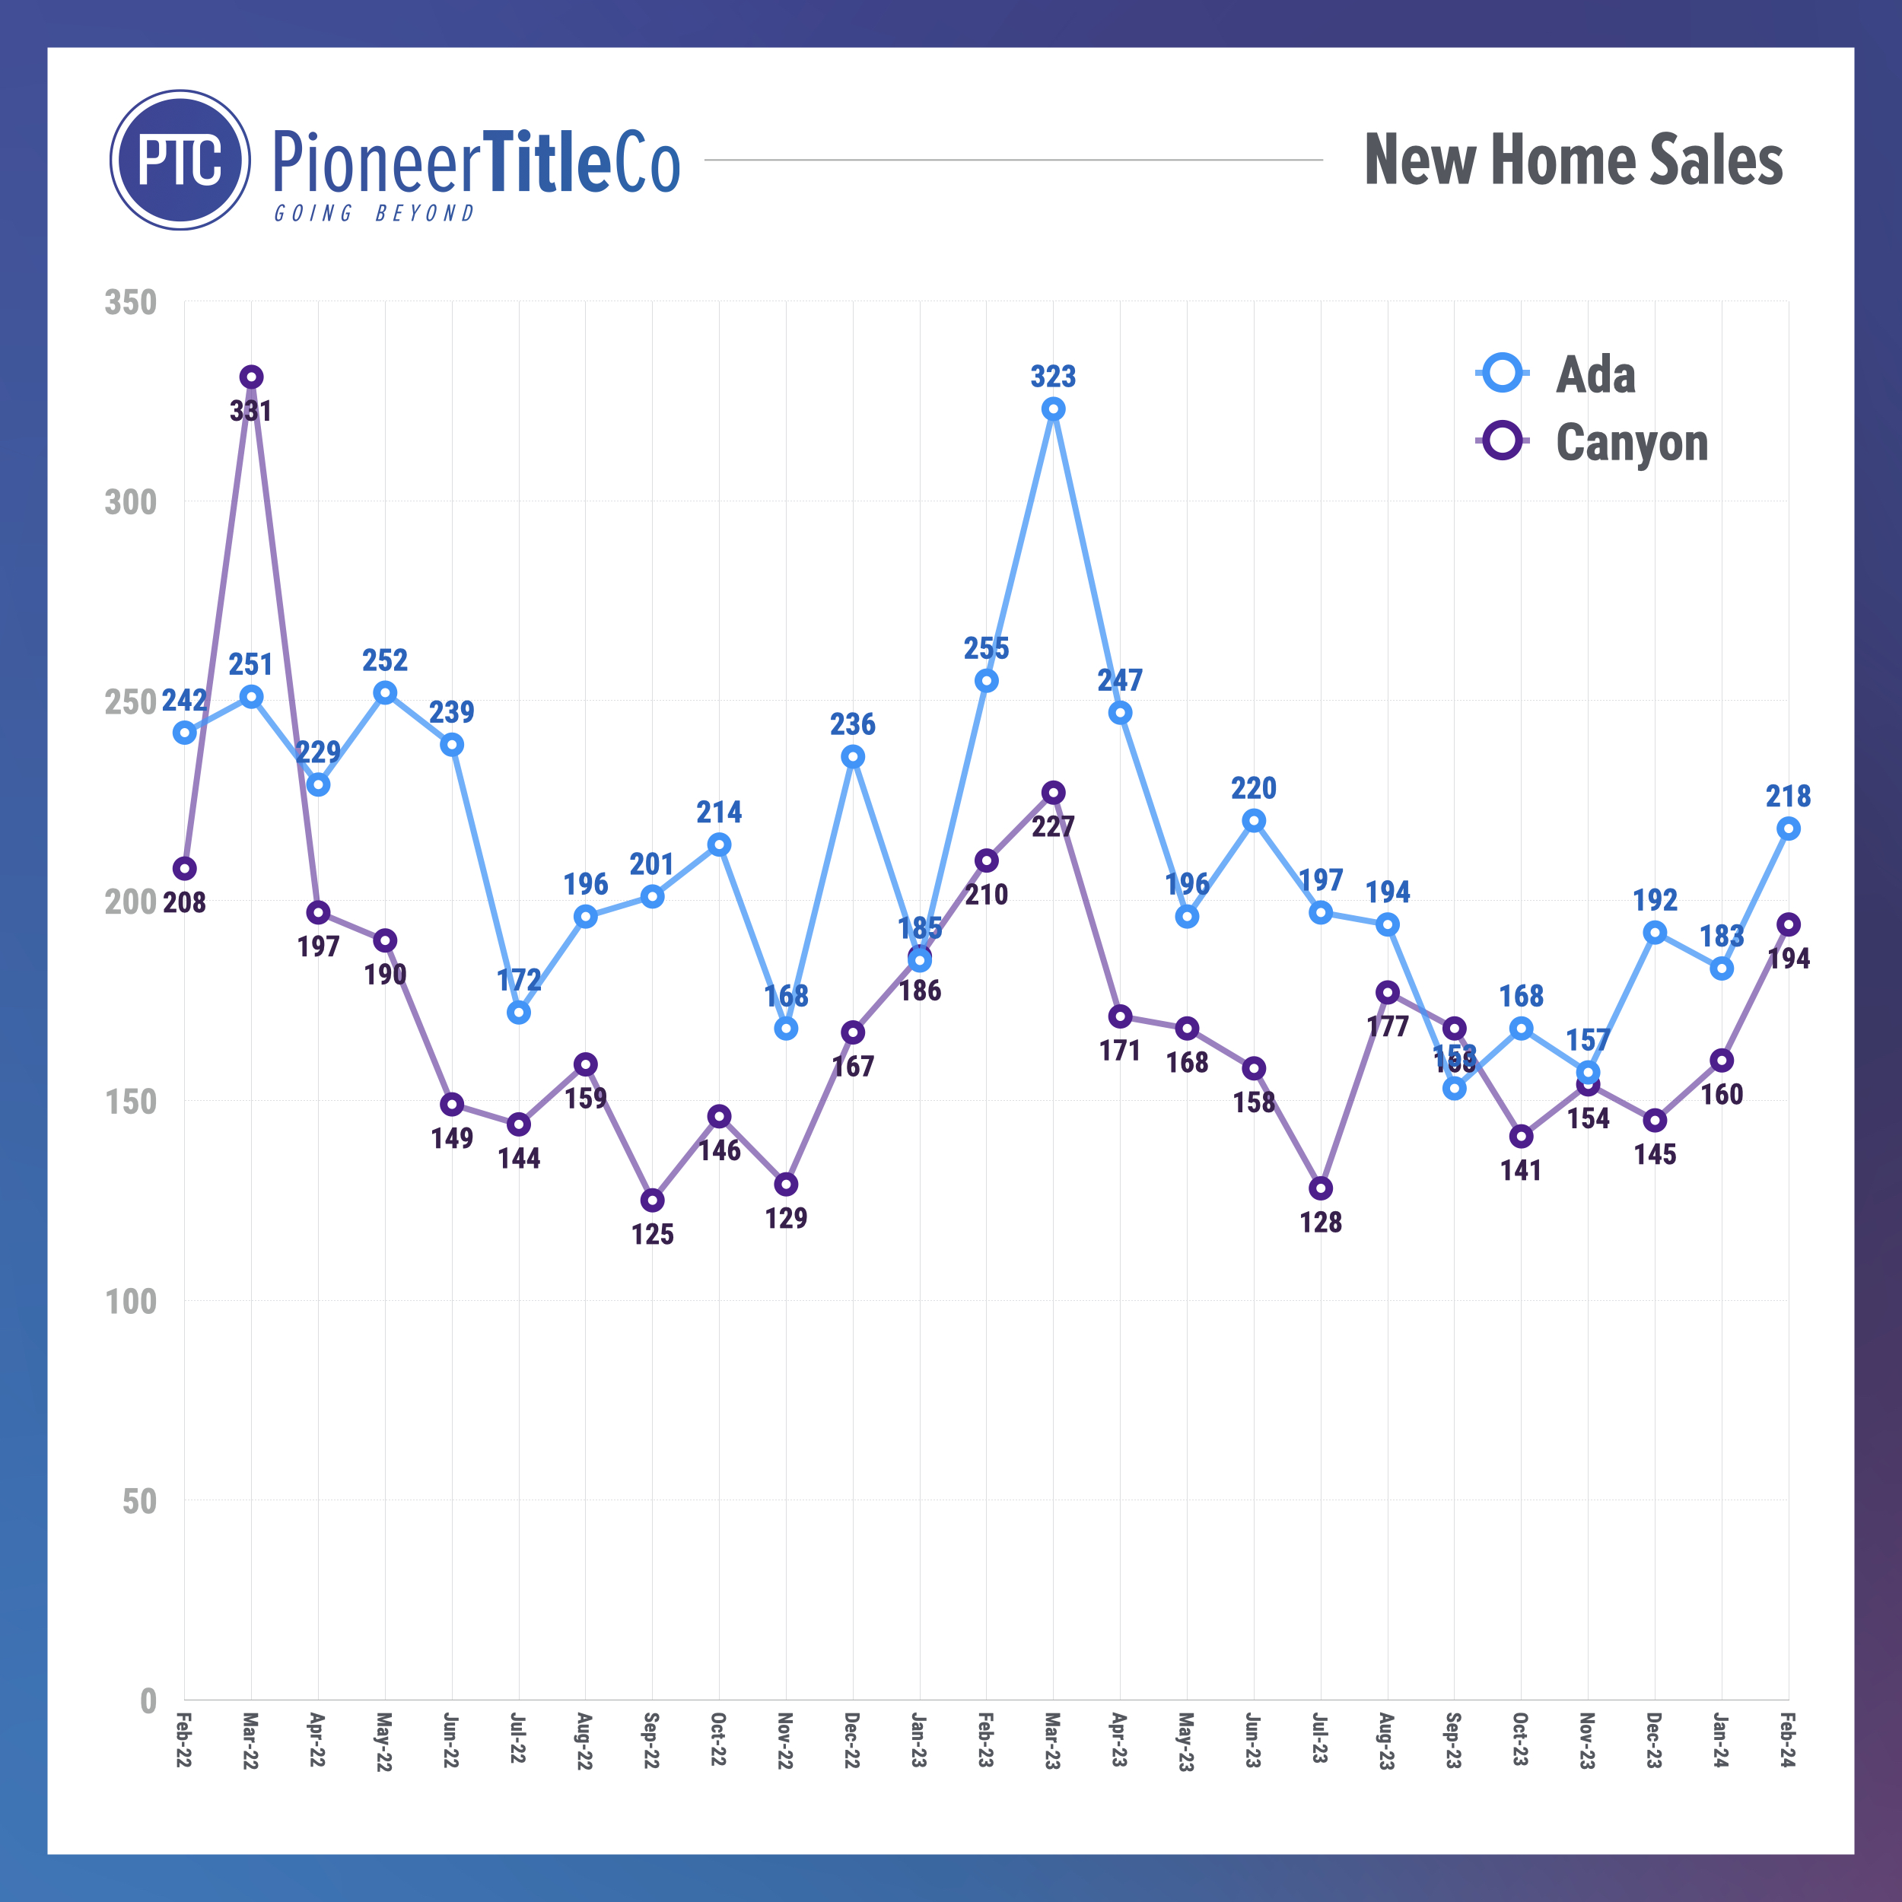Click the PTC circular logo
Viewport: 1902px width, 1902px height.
180,161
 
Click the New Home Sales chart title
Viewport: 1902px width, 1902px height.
1573,160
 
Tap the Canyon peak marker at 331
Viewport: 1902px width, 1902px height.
251,377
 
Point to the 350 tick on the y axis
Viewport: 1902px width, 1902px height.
131,302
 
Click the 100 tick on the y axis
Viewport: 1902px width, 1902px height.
131,1302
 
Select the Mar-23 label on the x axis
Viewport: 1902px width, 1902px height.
1052,1741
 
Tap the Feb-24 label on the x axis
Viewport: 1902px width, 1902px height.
1788,1741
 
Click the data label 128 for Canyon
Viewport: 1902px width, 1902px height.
1320,1223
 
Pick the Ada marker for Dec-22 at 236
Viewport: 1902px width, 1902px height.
853,756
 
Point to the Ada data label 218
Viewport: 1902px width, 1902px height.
1788,796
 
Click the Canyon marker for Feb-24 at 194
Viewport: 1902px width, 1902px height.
1789,924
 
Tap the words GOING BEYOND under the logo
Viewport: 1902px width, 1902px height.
374,214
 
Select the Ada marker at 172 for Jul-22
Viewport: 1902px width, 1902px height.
519,1012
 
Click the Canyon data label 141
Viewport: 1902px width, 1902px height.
1521,1171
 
